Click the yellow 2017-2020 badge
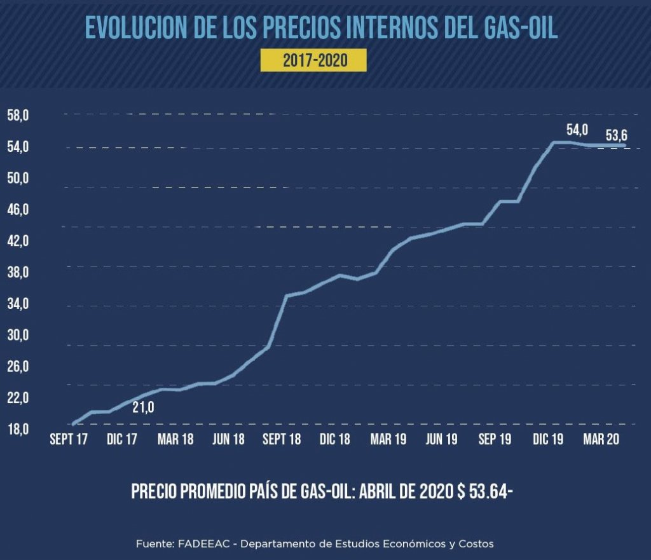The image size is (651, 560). point(313,61)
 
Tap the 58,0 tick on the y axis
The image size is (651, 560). point(18,116)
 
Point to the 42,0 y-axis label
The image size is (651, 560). point(18,242)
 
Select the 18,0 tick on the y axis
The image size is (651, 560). point(18,429)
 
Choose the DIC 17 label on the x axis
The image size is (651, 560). point(122,440)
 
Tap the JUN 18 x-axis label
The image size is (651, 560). point(228,440)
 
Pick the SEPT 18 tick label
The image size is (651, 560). point(281,440)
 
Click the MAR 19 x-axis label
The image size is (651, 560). point(389,440)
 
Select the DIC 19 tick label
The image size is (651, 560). point(548,440)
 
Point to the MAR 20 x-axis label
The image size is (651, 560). point(601,440)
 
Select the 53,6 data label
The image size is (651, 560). point(615,135)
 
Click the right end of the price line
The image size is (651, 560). point(624,145)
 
